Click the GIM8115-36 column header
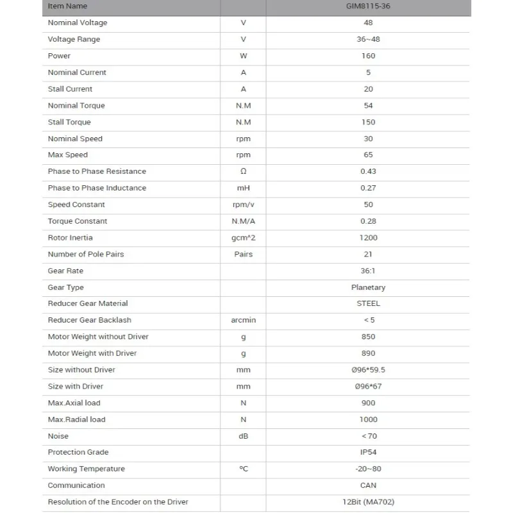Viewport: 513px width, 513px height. [368, 6]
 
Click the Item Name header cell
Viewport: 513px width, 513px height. [67, 6]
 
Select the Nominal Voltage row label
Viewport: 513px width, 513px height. [78, 23]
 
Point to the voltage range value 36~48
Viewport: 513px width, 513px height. [368, 40]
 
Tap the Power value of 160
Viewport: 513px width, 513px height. [368, 56]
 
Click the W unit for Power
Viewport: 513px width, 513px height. [243, 56]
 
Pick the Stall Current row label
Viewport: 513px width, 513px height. [70, 89]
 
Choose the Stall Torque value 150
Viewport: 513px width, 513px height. [368, 122]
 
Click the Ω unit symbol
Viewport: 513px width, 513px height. [243, 172]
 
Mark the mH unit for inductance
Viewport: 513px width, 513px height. [243, 189]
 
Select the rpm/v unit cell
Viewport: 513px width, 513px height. [243, 205]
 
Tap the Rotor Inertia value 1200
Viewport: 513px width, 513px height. [368, 238]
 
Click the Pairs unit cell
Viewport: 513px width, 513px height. [243, 255]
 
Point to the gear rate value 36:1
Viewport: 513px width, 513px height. [368, 271]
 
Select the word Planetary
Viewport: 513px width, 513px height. [368, 288]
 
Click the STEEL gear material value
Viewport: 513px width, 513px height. [368, 304]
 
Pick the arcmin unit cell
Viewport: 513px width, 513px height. [243, 321]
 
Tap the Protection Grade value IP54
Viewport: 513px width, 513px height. [368, 453]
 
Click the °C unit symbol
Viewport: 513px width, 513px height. [243, 469]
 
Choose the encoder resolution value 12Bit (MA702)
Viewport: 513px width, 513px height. [368, 502]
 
